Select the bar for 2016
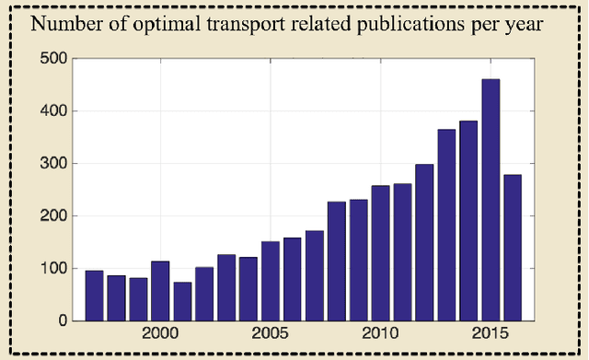pos(513,248)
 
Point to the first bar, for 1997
pos(94,296)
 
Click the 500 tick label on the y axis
pos(54,59)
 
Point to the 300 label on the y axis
pos(54,164)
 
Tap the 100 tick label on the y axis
pos(54,269)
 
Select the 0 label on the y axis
pos(63,321)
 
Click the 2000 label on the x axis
pos(160,332)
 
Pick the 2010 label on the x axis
pos(380,332)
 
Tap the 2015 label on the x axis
pos(491,332)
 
